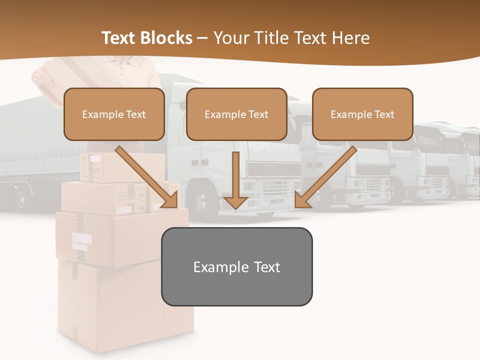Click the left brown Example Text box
point(114,114)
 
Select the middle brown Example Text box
point(236,114)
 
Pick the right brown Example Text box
point(362,114)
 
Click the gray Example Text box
point(236,266)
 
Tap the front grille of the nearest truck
point(272,189)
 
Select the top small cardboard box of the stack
point(122,166)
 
